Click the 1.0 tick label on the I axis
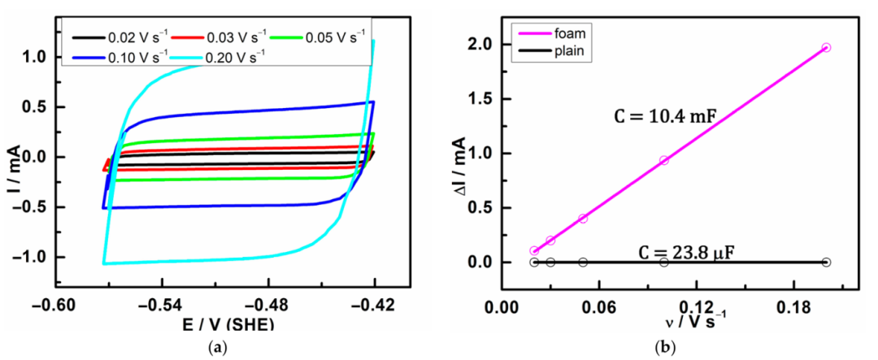[34, 57]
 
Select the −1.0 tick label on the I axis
[31, 257]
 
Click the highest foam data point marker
[827, 48]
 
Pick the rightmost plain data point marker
[827, 262]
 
